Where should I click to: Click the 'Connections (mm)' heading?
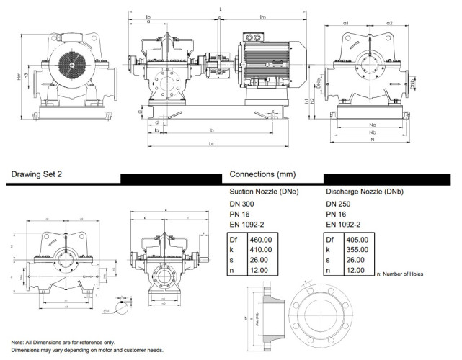[262, 174]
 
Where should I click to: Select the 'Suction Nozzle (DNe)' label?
[263, 192]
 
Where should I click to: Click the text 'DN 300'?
[243, 204]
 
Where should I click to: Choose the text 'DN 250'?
[340, 204]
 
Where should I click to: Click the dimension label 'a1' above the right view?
[346, 23]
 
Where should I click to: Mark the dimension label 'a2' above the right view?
[389, 23]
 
